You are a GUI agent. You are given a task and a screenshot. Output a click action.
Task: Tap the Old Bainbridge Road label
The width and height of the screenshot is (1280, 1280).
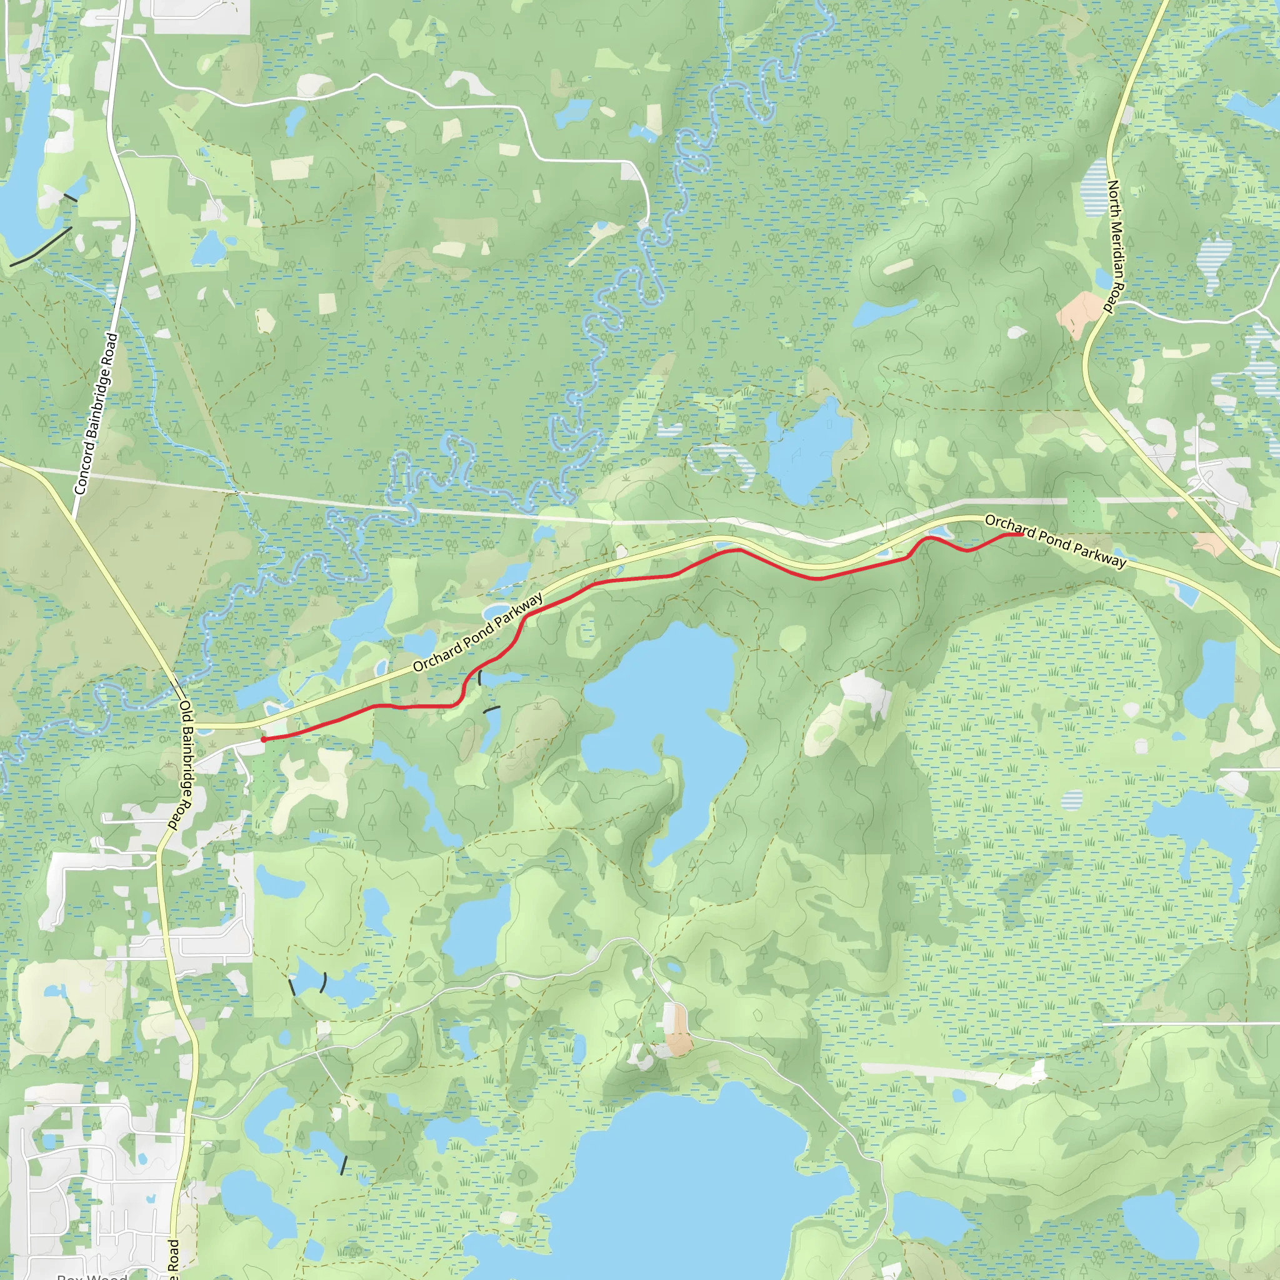pyautogui.click(x=182, y=765)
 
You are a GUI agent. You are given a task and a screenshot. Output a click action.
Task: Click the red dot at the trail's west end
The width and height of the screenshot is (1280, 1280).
pyautogui.click(x=264, y=739)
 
